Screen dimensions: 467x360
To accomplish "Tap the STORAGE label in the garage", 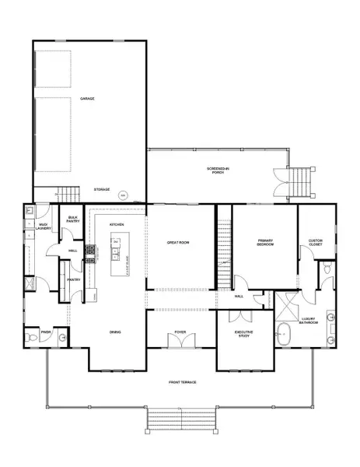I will coord(102,189).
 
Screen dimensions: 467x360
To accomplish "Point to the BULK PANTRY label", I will coord(73,219).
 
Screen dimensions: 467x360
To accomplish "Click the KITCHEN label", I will coord(117,224).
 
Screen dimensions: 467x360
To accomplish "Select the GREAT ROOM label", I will coord(180,243).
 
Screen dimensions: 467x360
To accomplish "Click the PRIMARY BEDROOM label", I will coord(265,243).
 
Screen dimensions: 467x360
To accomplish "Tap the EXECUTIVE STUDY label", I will coord(245,334).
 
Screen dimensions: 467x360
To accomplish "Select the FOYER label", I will coord(180,332).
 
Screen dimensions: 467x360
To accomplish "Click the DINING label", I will coord(115,332).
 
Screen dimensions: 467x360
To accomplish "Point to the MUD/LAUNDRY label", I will coord(44,226).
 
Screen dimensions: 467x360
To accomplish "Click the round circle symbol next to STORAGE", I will coord(123,195).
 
